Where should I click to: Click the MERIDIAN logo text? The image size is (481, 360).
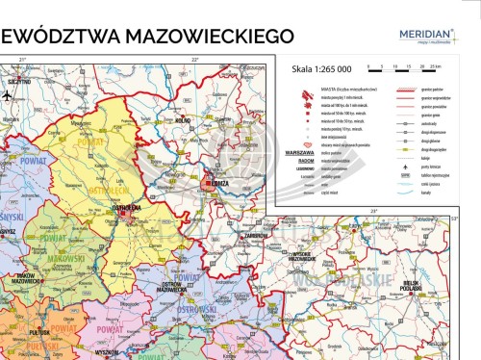pos(429,32)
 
